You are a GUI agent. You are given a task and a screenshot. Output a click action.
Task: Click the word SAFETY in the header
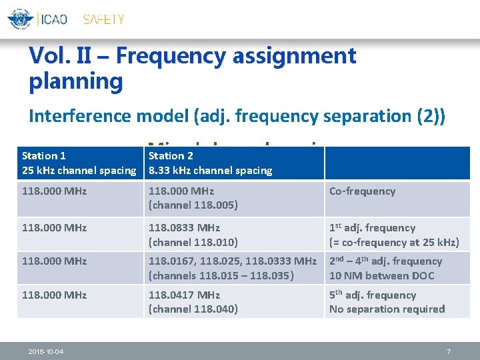point(103,19)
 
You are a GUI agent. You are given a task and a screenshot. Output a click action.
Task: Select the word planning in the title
point(76,82)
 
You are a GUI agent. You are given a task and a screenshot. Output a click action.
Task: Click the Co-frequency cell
point(362,191)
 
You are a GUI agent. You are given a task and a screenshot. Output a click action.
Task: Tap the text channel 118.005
point(193,205)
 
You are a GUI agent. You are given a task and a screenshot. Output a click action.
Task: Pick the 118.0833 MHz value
point(183,228)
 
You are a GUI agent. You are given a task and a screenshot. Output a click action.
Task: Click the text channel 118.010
point(193,243)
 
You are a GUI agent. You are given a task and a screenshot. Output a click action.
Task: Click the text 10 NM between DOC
point(381,276)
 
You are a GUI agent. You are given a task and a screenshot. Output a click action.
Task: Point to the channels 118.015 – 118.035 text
point(221,276)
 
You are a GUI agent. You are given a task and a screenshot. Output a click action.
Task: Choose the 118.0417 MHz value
point(183,295)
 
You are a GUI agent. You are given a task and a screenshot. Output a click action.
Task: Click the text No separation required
point(387,309)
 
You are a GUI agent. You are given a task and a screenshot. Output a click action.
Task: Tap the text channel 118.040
point(193,309)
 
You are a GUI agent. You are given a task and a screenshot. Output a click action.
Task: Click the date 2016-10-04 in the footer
point(46,351)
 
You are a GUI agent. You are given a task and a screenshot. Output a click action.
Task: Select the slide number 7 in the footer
point(449,351)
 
